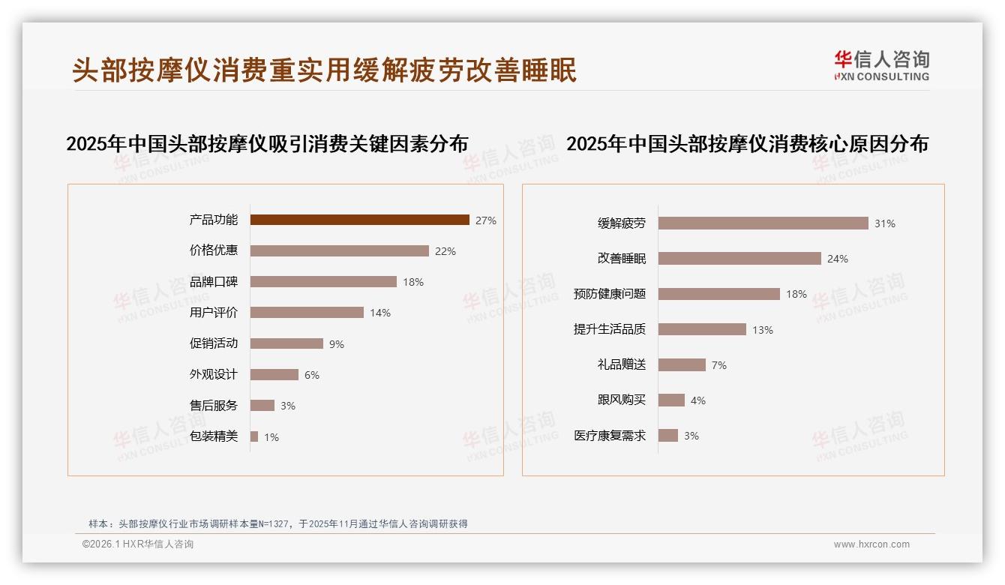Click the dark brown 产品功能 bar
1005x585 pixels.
[x=359, y=220]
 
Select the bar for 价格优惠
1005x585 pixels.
[x=339, y=250]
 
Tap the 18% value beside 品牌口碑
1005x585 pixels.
[x=413, y=282]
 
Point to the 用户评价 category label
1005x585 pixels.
[x=213, y=313]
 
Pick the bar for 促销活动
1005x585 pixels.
[x=286, y=343]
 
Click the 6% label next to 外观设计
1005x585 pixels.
[x=311, y=375]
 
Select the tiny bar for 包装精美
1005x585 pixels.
[x=254, y=436]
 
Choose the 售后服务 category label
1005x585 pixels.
[x=213, y=406]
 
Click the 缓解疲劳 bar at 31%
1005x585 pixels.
[x=763, y=223]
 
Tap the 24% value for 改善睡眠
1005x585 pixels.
[x=837, y=259]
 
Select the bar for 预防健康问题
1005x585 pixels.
[x=718, y=294]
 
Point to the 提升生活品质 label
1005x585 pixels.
[x=609, y=329]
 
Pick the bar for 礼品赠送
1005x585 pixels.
[x=682, y=364]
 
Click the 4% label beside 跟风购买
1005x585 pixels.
[x=697, y=400]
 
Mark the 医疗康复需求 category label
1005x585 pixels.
[x=609, y=436]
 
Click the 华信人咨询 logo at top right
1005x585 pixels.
[x=881, y=65]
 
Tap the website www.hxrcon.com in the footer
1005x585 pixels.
[x=871, y=544]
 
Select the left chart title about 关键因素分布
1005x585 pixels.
[x=267, y=143]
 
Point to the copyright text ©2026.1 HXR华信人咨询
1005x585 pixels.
[x=137, y=544]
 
